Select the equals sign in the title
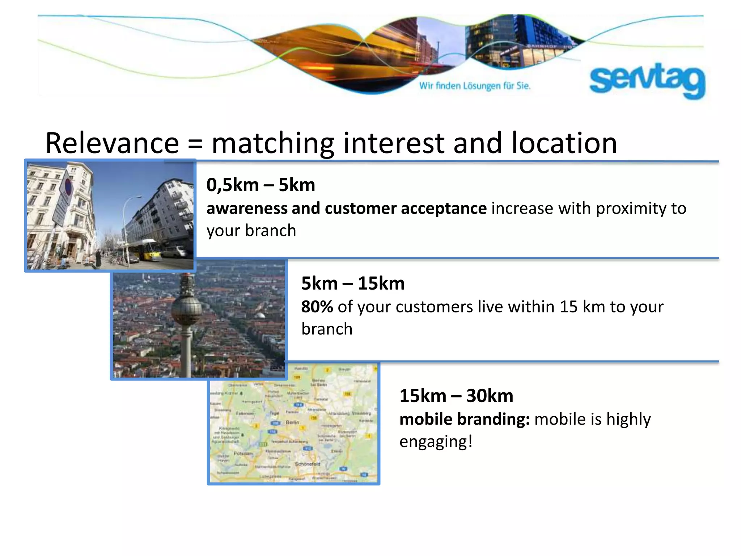[x=195, y=144]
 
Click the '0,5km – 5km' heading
[x=261, y=185]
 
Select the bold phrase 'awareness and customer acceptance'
[x=346, y=208]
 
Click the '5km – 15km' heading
[x=353, y=283]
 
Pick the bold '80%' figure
[x=317, y=307]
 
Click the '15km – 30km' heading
[x=456, y=396]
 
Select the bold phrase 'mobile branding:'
[x=464, y=419]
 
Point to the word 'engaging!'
[x=436, y=442]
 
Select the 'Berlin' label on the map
[x=292, y=422]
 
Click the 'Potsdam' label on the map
[x=243, y=453]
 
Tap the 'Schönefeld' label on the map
[x=308, y=464]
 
